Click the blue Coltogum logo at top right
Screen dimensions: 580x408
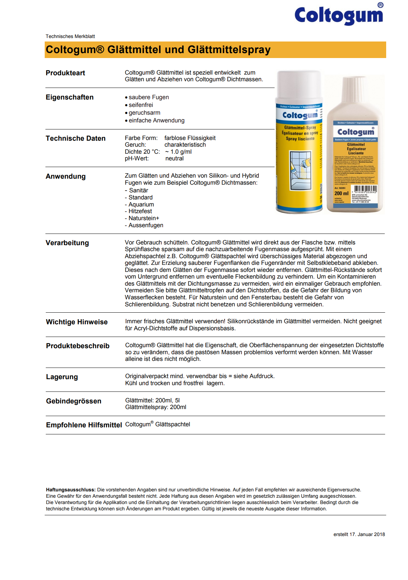(x=339, y=15)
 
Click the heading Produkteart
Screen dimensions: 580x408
(x=65, y=73)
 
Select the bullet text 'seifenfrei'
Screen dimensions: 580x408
(x=141, y=105)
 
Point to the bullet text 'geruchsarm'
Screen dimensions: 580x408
(x=144, y=113)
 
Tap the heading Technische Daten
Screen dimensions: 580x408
(x=76, y=139)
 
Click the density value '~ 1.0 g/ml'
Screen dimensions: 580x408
(x=178, y=152)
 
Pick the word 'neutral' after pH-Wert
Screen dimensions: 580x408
(x=175, y=159)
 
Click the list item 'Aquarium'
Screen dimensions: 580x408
(x=141, y=205)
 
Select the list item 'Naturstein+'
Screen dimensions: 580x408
(x=144, y=218)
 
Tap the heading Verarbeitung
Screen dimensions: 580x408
(x=67, y=243)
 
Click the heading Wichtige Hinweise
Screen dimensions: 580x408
(x=77, y=322)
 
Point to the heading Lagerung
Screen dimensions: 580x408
(x=62, y=377)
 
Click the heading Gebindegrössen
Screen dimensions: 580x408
(x=74, y=401)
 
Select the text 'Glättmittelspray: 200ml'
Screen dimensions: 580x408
(x=156, y=407)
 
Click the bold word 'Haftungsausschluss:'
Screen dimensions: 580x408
(x=71, y=490)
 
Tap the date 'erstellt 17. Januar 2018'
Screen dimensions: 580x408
(x=359, y=535)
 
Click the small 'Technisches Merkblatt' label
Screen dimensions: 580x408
(x=70, y=37)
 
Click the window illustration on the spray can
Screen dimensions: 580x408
(x=301, y=171)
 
